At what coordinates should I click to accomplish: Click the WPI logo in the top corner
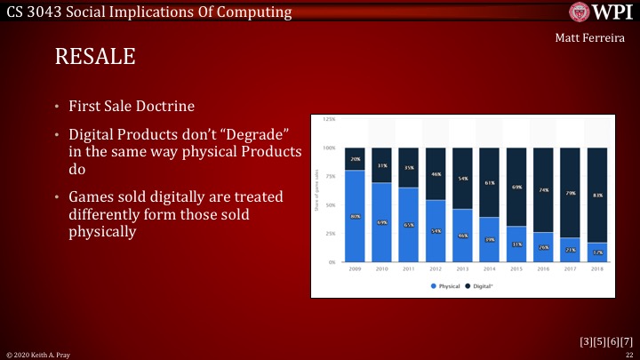point(600,12)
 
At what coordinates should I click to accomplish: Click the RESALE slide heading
point(95,58)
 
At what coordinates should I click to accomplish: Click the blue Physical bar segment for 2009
point(355,216)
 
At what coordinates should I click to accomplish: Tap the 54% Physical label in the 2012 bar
point(436,231)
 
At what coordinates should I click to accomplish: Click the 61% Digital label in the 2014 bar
point(490,182)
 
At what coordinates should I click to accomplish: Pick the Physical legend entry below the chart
point(445,286)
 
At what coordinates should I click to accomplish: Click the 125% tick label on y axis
point(329,118)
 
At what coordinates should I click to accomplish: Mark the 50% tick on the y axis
point(330,204)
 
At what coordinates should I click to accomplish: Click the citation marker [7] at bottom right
point(626,341)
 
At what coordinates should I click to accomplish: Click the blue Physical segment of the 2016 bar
point(544,247)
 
